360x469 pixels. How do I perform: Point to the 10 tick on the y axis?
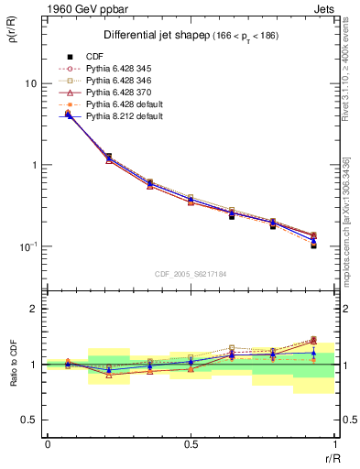30,83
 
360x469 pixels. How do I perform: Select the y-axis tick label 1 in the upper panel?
33,165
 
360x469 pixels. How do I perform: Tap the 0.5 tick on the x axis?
191,444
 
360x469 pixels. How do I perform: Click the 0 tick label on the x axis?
47,444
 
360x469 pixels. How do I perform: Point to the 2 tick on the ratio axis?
34,309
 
